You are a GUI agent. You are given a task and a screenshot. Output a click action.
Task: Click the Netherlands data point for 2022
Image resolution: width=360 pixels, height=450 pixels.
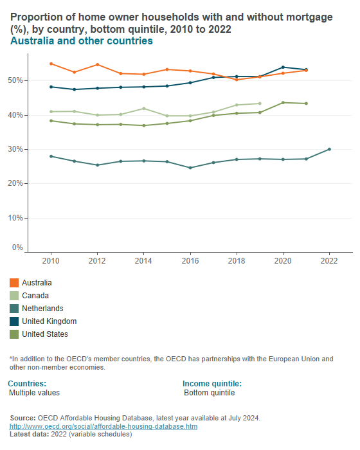click(x=329, y=149)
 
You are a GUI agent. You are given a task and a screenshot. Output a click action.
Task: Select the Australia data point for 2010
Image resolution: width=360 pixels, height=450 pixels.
click(x=51, y=64)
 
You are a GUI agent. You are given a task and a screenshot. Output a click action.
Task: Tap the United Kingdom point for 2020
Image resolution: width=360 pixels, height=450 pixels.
click(x=283, y=67)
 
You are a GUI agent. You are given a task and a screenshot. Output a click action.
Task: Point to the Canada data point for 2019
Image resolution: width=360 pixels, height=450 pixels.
click(x=260, y=104)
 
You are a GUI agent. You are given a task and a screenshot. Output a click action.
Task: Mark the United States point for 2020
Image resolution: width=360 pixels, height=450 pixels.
click(x=283, y=103)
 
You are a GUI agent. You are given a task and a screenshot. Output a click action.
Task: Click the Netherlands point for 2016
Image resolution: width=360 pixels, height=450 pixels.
click(x=190, y=168)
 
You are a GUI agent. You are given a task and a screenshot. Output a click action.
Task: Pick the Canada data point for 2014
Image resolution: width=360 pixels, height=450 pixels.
click(x=144, y=108)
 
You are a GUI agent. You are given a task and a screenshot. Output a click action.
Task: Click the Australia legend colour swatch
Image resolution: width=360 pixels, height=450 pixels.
click(x=14, y=283)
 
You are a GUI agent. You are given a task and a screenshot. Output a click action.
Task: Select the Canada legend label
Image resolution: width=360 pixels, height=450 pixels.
click(x=36, y=296)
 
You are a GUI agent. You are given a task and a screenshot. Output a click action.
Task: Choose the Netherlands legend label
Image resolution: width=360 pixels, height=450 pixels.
click(x=42, y=309)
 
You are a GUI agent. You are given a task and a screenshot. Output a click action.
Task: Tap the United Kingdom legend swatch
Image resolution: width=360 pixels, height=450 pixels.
click(x=14, y=321)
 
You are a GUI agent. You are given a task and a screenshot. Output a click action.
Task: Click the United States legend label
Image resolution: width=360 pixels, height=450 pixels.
click(x=45, y=334)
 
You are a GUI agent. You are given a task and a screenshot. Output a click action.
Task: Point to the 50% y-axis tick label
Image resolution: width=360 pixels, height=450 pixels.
click(x=16, y=80)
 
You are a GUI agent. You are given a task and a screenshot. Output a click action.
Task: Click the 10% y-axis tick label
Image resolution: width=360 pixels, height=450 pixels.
click(x=16, y=218)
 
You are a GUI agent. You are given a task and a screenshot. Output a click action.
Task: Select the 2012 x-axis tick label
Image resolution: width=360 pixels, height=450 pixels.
click(x=97, y=261)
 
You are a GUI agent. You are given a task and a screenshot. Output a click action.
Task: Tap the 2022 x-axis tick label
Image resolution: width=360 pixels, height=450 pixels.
click(x=329, y=261)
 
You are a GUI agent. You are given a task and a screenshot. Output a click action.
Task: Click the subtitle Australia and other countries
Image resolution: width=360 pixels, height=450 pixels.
click(x=81, y=41)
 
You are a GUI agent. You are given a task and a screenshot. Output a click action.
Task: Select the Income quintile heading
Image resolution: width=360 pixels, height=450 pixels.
click(x=212, y=384)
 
